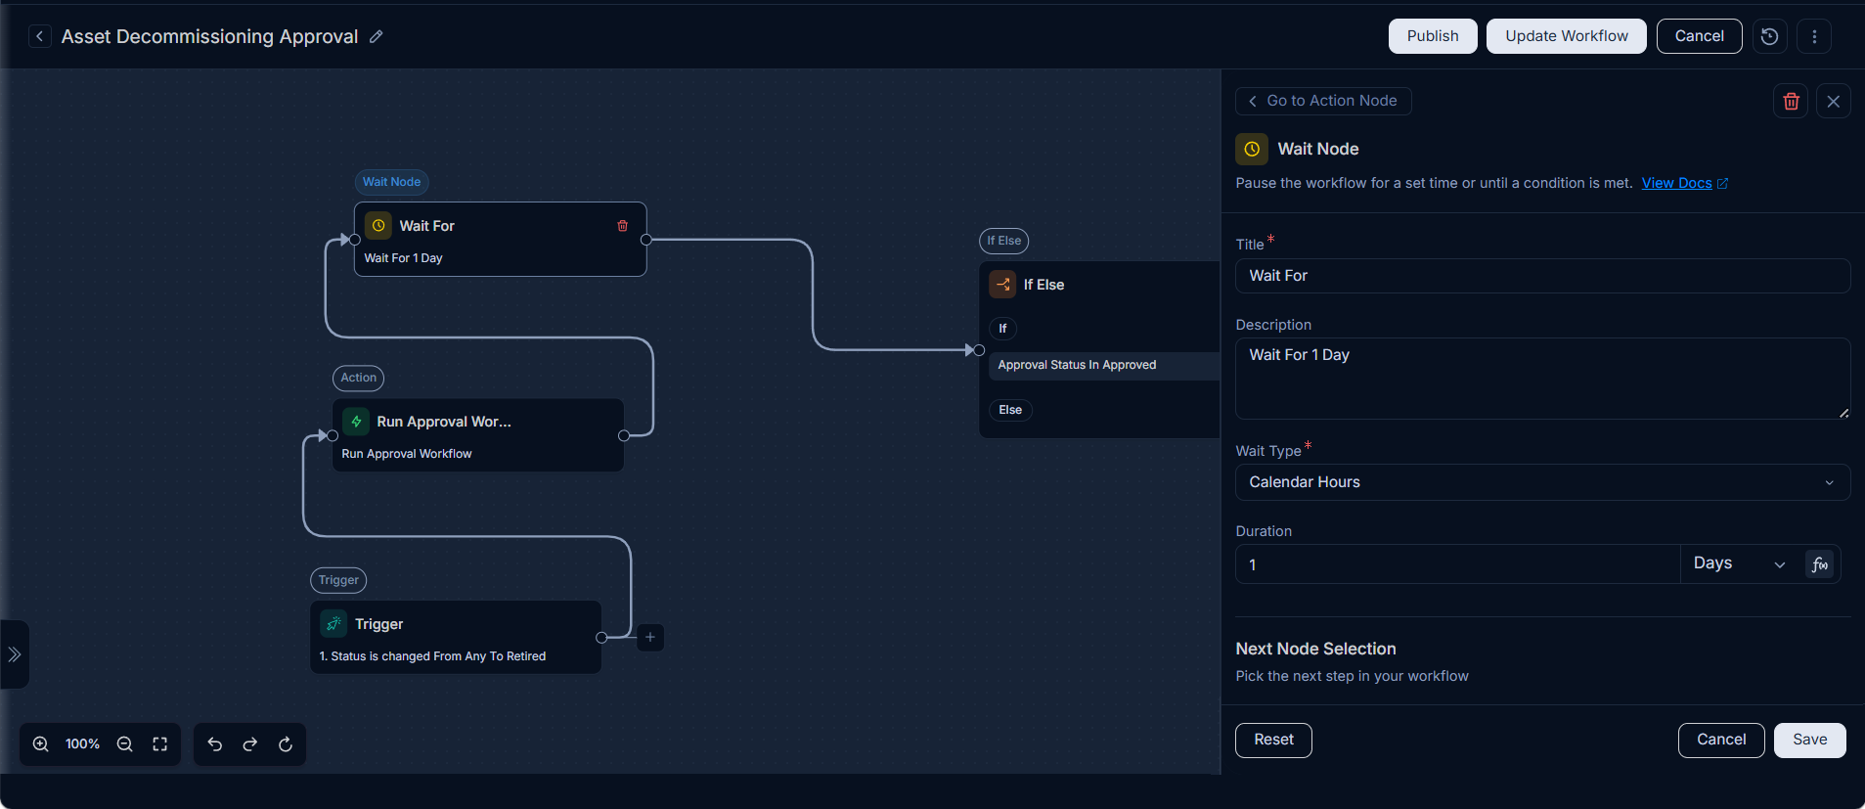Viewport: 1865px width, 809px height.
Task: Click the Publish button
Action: (1433, 36)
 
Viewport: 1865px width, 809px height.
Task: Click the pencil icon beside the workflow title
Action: (377, 36)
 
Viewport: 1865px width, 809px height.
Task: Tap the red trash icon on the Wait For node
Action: (623, 226)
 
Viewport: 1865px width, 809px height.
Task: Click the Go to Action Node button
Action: (1323, 101)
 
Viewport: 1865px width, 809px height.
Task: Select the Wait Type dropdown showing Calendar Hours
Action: (1542, 482)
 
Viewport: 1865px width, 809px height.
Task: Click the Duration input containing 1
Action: (1457, 564)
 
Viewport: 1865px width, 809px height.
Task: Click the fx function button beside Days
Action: (1819, 564)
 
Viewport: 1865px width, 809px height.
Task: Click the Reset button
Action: (1273, 740)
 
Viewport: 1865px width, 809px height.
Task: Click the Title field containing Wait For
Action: (1542, 276)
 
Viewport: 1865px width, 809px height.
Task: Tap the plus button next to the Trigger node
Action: (650, 638)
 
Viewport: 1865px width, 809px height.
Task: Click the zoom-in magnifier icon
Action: (41, 744)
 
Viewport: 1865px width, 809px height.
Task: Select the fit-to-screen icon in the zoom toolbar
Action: (160, 744)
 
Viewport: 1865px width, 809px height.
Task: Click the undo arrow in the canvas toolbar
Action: (215, 744)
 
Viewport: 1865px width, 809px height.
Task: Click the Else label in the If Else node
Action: (1010, 410)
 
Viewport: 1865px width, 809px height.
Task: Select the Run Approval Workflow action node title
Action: (444, 422)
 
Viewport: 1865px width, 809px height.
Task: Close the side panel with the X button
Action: (1833, 101)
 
